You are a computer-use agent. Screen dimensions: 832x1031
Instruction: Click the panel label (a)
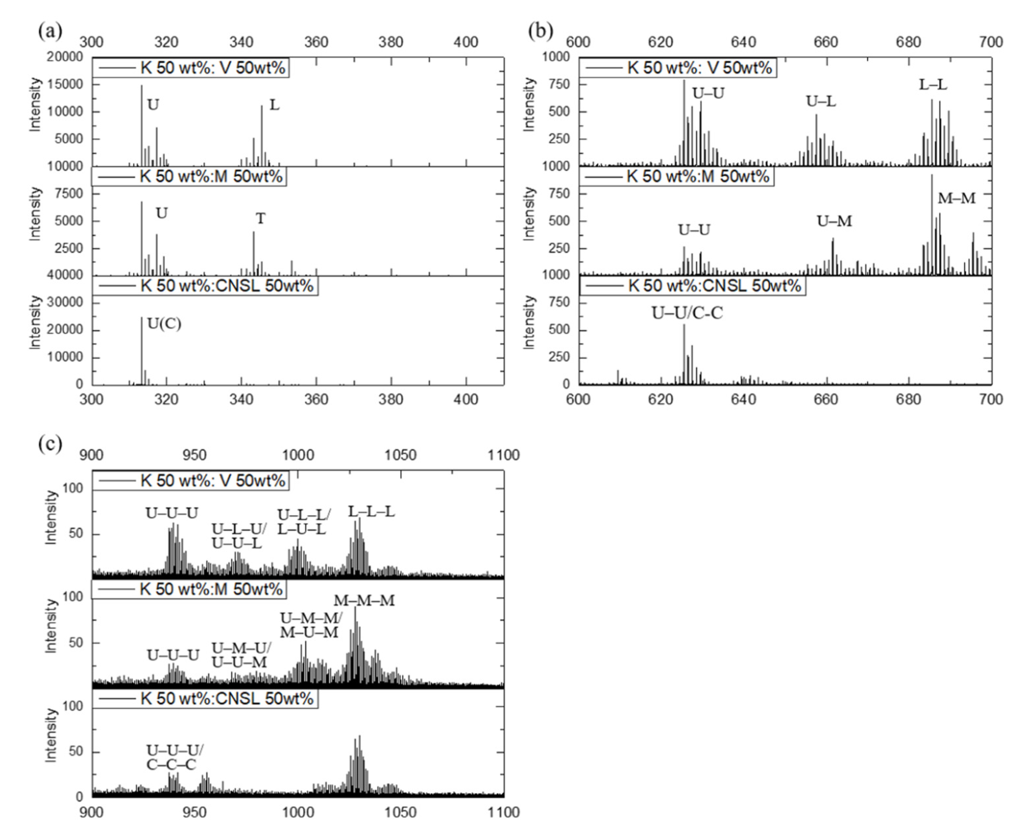click(x=50, y=31)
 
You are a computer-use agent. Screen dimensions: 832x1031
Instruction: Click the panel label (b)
click(x=540, y=31)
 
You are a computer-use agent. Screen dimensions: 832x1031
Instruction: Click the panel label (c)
click(x=50, y=444)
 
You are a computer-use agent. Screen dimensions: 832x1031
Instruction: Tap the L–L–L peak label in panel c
click(x=371, y=512)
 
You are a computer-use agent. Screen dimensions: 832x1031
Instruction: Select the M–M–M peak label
click(x=364, y=600)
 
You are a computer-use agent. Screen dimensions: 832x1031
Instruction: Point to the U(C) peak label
click(x=164, y=324)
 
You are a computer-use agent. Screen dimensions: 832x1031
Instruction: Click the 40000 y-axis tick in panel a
click(x=65, y=275)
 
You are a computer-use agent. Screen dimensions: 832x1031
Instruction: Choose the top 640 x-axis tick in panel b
click(x=744, y=42)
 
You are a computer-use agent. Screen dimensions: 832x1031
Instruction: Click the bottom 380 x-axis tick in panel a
click(x=390, y=399)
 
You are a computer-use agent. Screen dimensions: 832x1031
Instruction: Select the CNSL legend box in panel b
click(x=692, y=286)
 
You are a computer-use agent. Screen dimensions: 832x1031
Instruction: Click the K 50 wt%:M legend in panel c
click(x=189, y=589)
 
